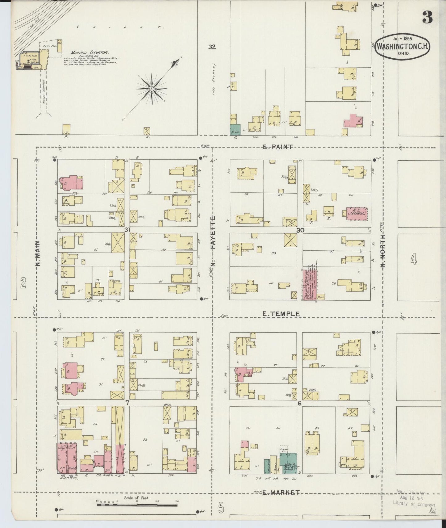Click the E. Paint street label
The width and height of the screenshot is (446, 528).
pos(277,147)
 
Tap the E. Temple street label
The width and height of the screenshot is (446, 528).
pos(281,314)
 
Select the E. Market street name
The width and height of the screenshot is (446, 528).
pos(281,492)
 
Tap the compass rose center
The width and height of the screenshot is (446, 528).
pos(152,89)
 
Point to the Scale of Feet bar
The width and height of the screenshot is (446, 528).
pos(137,505)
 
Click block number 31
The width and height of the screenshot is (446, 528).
pos(127,230)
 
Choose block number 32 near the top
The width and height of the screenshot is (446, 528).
pos(212,47)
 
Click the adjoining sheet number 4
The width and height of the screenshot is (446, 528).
pos(414,260)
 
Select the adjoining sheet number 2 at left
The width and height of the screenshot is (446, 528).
pos(23,282)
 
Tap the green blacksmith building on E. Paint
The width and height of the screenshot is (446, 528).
pos(235,129)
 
